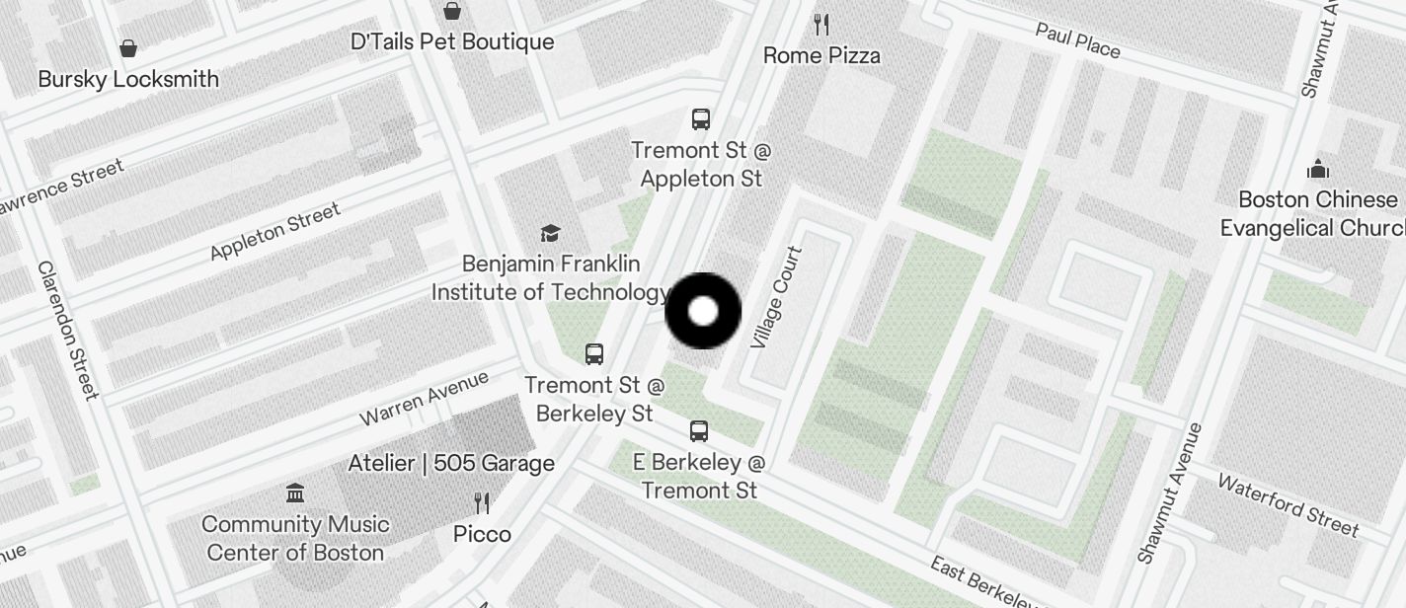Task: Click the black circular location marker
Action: point(703,311)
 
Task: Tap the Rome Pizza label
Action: point(821,55)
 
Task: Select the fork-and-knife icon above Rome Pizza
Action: point(821,24)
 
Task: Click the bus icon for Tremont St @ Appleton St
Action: point(701,119)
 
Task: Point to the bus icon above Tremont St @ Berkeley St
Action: point(594,353)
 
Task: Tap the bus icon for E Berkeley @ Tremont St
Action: point(699,430)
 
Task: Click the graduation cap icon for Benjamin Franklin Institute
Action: point(550,233)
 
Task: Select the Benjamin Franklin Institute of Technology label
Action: point(550,278)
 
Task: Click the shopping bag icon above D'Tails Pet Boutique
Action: point(452,11)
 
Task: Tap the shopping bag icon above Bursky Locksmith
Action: point(128,47)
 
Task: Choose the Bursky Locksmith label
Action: point(128,79)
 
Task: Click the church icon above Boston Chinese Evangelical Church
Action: point(1318,170)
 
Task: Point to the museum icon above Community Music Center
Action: point(294,493)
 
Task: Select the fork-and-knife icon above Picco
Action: point(482,503)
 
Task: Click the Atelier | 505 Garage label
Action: point(451,463)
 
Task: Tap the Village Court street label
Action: point(776,297)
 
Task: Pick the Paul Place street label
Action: point(1077,40)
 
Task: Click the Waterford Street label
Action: point(1288,503)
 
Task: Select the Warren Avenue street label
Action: point(424,398)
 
